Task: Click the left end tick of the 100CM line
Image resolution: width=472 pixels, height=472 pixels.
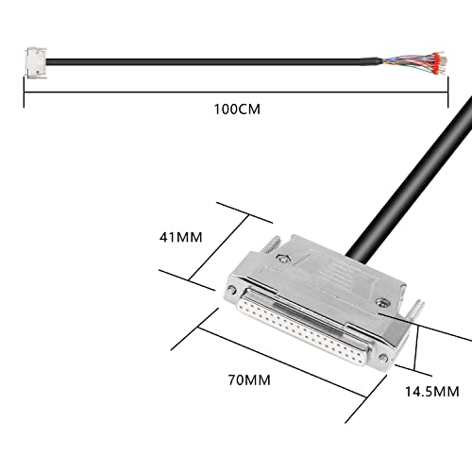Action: tap(24, 91)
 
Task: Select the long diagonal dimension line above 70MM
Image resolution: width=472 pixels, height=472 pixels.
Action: tap(283, 368)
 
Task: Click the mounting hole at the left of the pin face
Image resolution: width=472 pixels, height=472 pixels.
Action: tap(233, 292)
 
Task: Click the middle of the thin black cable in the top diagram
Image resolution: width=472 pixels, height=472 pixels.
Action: tap(217, 62)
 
